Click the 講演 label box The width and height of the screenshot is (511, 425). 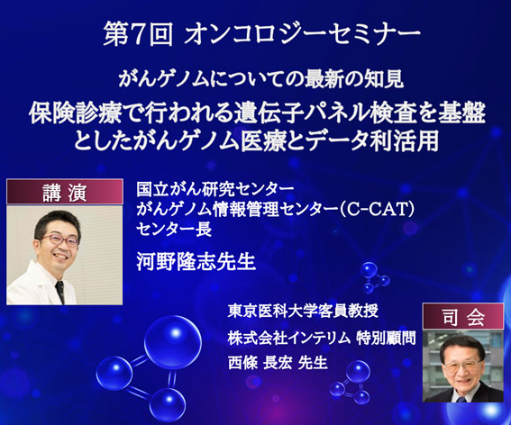pos(65,192)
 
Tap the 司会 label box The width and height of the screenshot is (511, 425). pos(463,316)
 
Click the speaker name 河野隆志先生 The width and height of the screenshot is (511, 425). pos(196,261)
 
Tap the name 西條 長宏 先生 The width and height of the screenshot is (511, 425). pos(278,363)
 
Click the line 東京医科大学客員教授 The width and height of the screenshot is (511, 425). pos(303,311)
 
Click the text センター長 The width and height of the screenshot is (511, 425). pos(174,230)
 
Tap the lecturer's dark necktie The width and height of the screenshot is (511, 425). pos(60,292)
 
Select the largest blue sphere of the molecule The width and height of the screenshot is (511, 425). pos(173,337)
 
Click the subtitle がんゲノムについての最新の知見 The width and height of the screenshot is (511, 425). pos(260,79)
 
